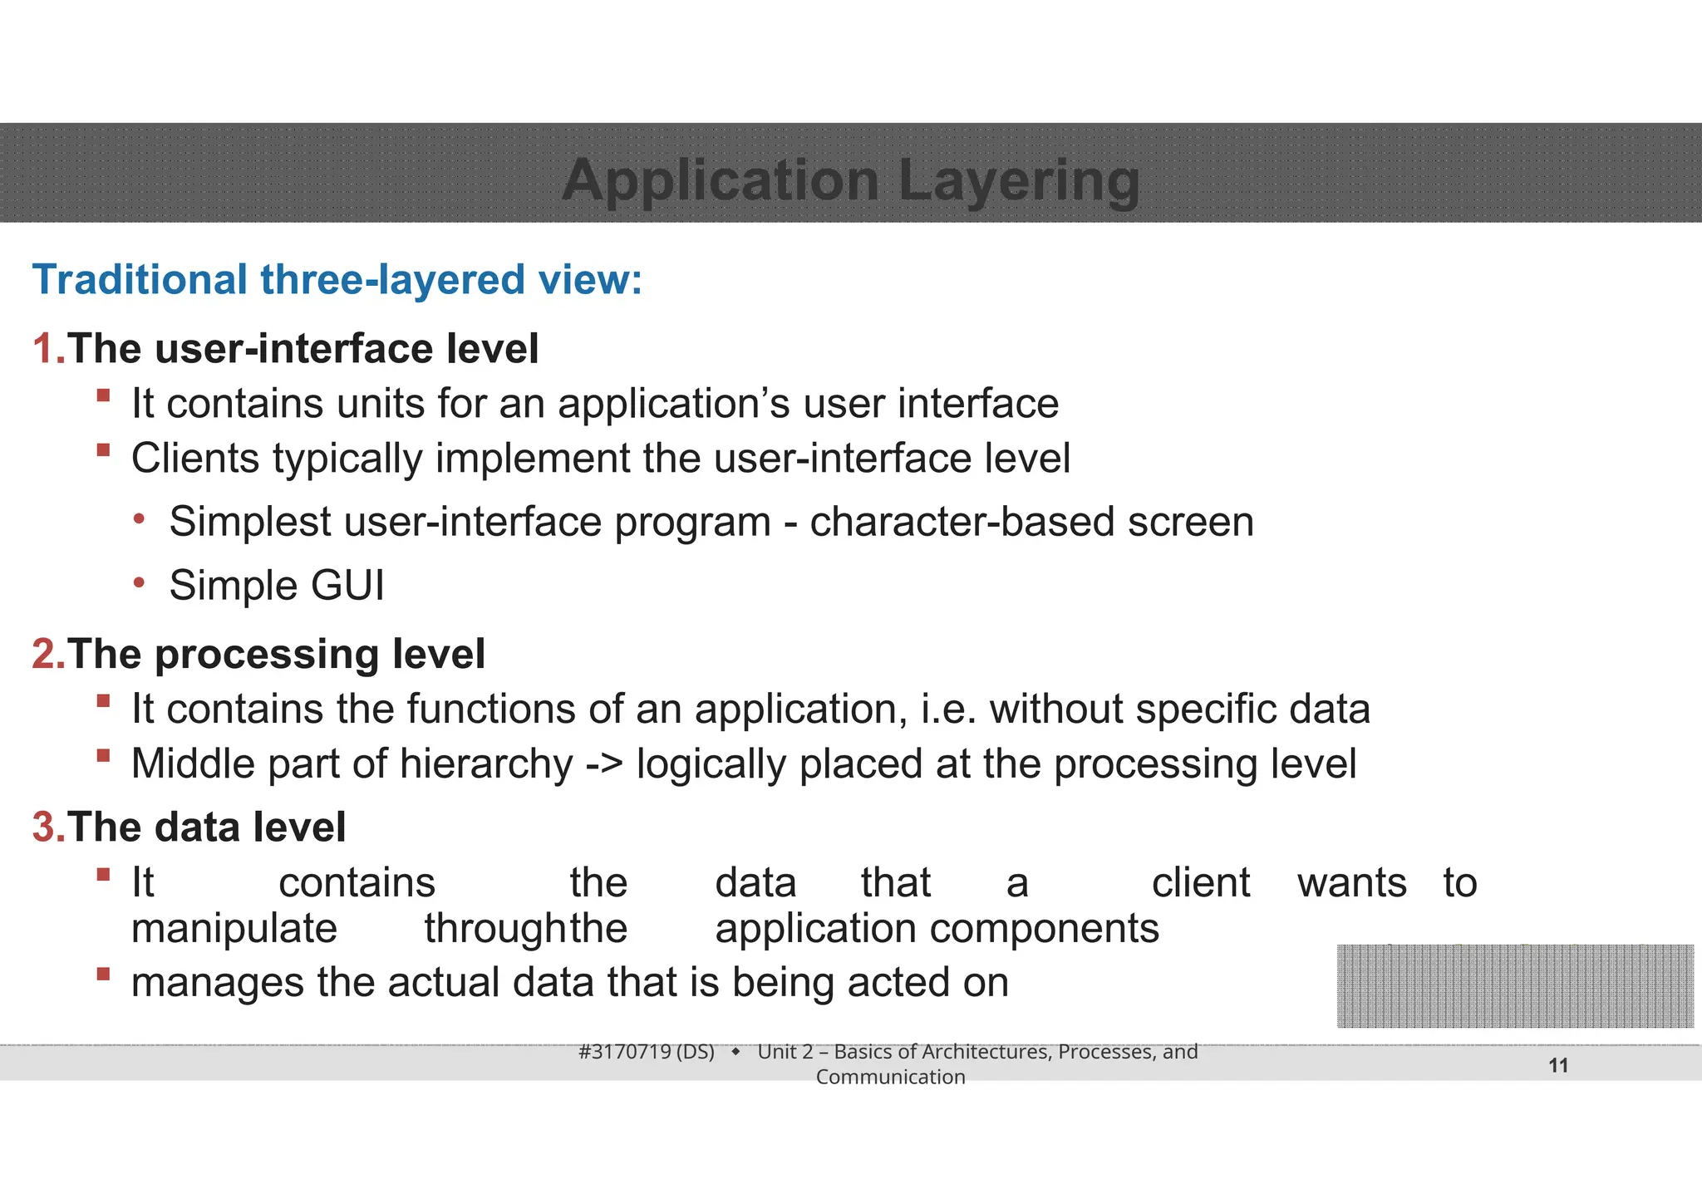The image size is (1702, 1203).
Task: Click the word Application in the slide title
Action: tap(720, 180)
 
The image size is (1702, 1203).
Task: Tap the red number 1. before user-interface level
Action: tap(48, 348)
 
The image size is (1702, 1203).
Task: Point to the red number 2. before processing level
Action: tap(48, 654)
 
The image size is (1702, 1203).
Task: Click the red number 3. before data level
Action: tap(48, 827)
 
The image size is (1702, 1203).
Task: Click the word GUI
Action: tap(347, 586)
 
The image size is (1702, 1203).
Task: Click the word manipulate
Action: tap(234, 928)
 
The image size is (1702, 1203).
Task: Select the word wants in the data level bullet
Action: tap(1351, 882)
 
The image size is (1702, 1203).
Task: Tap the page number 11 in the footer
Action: tap(1558, 1066)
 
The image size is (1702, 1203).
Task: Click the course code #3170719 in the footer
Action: tap(624, 1052)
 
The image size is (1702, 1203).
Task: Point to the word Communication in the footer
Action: tap(890, 1078)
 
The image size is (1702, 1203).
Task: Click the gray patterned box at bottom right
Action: tap(1514, 986)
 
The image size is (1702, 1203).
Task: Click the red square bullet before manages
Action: tap(103, 974)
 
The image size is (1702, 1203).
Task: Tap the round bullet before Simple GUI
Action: tap(140, 583)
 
